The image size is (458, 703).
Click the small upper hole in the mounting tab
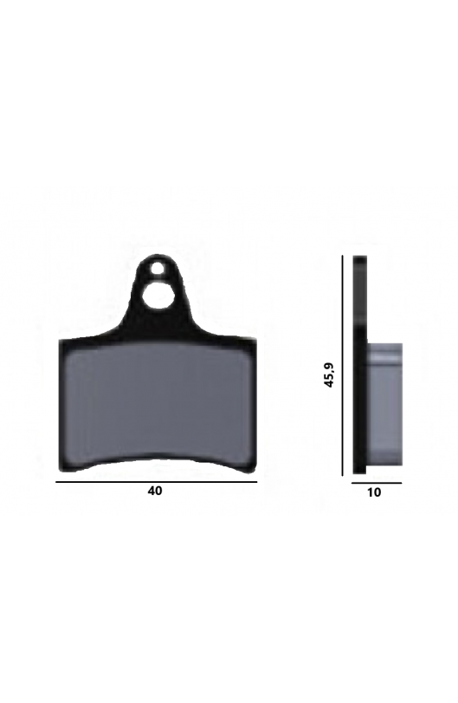[x=157, y=269]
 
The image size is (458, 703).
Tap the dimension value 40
[x=155, y=491]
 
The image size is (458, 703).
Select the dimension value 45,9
[x=330, y=374]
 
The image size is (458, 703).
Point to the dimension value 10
[x=374, y=492]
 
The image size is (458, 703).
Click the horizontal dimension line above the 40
[x=156, y=482]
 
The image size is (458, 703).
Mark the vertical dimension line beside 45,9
[x=343, y=366]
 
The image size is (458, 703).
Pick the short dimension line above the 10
[x=377, y=484]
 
